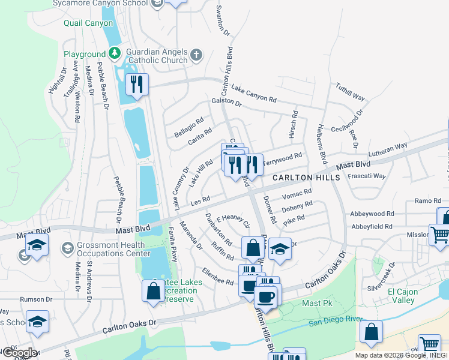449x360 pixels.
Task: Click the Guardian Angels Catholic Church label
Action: (x=158, y=56)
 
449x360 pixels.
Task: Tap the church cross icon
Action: (x=196, y=56)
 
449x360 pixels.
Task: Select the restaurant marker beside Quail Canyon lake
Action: (x=137, y=85)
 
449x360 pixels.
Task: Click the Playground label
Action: (x=85, y=54)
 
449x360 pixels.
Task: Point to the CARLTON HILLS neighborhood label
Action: (x=306, y=178)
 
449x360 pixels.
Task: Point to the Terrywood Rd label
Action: (x=282, y=158)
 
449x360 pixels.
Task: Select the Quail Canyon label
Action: (x=88, y=23)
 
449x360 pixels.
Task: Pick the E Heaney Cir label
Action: (x=233, y=221)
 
